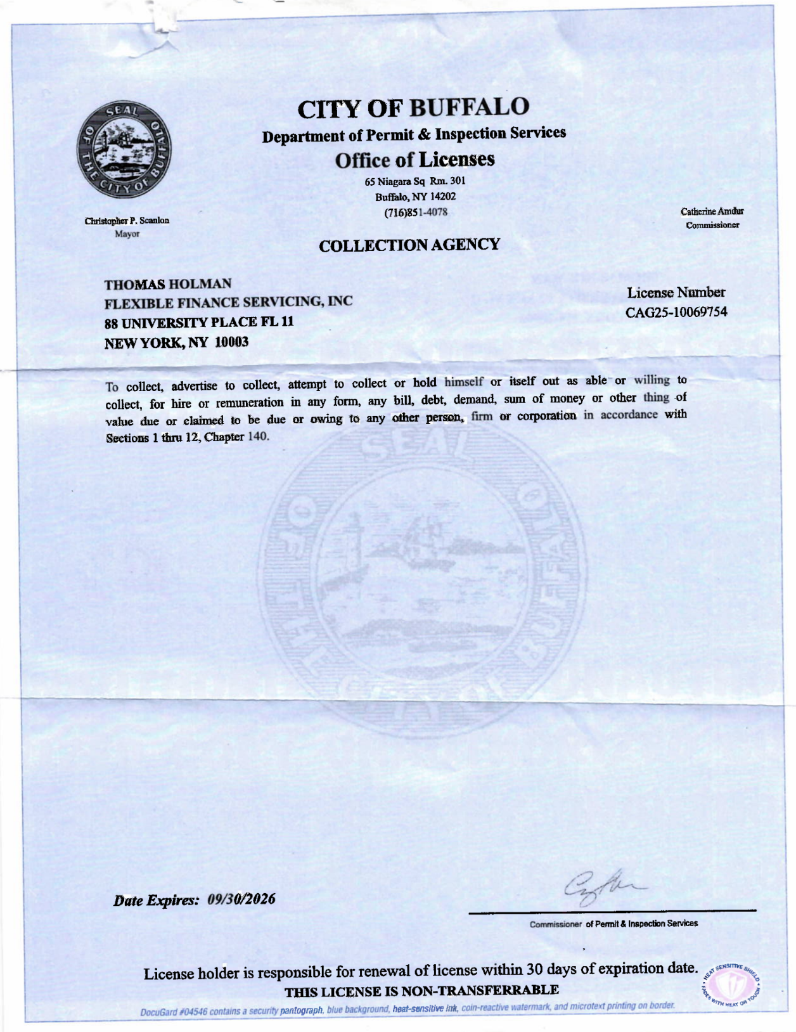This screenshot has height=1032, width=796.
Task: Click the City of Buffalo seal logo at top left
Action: coord(124,150)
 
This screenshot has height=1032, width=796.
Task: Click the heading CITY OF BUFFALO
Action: coord(413,108)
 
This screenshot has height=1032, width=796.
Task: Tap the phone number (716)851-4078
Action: coord(416,212)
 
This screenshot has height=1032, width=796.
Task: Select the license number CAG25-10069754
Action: coord(676,313)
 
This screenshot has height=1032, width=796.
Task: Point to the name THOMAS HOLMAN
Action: coord(168,284)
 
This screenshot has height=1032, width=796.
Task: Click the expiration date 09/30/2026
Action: coord(241,899)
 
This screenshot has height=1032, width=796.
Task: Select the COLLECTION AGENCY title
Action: coord(409,245)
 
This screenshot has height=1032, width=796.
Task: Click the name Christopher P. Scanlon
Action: coord(127,221)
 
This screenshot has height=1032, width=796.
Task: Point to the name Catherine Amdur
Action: coord(712,212)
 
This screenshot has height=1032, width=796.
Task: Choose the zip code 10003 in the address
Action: coord(231,342)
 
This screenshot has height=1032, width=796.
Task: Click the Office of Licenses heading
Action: coord(414,160)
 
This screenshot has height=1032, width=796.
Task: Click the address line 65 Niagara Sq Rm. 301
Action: coord(415,182)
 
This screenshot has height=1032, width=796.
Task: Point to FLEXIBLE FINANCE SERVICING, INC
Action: coord(228,302)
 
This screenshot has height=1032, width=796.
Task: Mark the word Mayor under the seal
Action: coord(127,234)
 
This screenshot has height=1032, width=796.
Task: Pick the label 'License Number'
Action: coord(676,293)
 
